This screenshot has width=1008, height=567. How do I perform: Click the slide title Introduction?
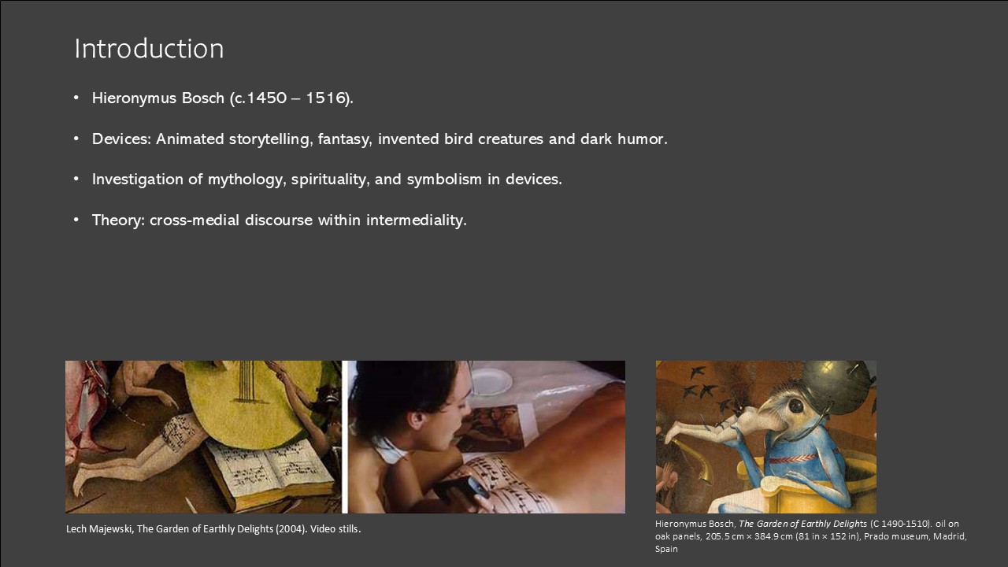click(x=149, y=49)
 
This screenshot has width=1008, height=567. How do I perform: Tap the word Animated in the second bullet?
click(x=190, y=139)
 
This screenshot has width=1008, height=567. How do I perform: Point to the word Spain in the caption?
click(x=666, y=549)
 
